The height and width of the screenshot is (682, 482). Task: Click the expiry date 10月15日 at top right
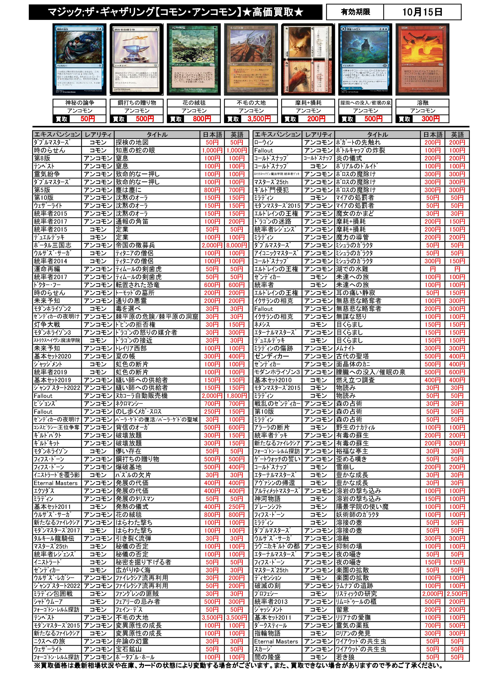tap(422, 12)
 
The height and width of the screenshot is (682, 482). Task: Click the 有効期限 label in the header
tap(355, 12)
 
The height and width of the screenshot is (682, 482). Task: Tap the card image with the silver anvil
tap(136, 59)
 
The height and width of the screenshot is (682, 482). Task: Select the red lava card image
tap(422, 59)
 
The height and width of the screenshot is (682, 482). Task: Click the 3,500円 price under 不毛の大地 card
tap(259, 119)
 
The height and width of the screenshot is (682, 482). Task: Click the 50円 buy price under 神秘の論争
tap(87, 119)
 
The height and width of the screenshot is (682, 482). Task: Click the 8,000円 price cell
tap(237, 245)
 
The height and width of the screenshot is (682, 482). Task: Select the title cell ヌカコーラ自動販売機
tap(142, 396)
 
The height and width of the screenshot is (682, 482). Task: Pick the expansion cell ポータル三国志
tap(52, 245)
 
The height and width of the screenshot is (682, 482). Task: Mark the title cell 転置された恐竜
tap(138, 285)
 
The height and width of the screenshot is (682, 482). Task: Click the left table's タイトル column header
tap(157, 135)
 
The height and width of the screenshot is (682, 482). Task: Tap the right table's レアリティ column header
tap(318, 135)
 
